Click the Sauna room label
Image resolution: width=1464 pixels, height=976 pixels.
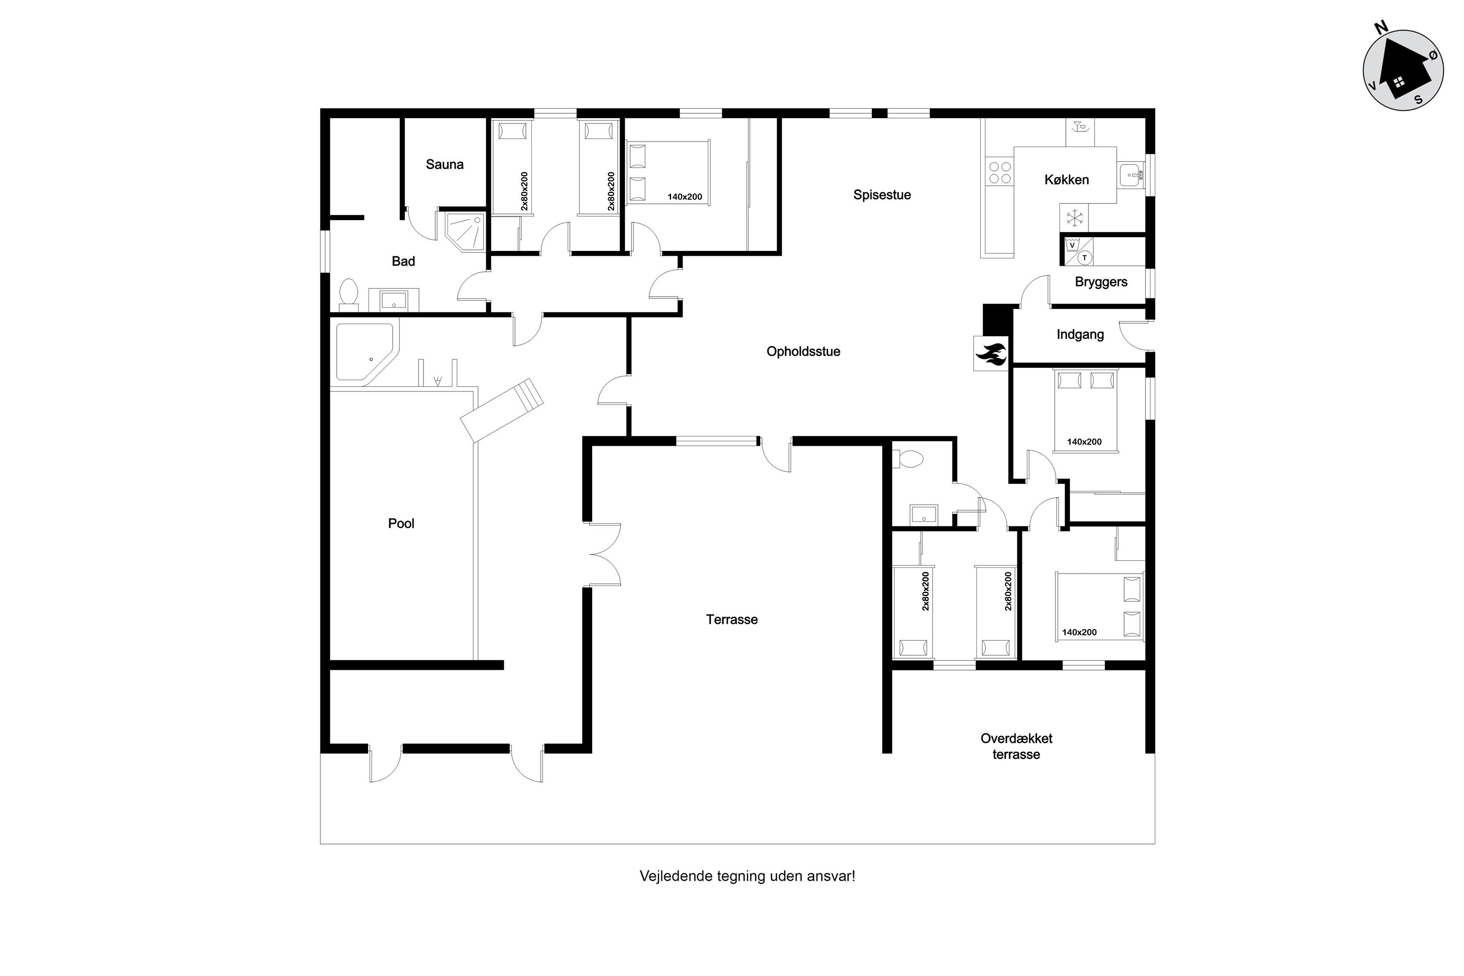click(x=445, y=164)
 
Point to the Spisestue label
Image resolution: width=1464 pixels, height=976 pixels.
click(x=882, y=195)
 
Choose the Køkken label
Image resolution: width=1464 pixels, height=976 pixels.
click(x=1066, y=180)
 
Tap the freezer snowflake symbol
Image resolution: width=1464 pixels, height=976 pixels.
click(x=1074, y=218)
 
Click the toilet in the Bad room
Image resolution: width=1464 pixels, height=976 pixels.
click(x=349, y=295)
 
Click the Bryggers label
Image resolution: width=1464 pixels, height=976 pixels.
click(x=1100, y=282)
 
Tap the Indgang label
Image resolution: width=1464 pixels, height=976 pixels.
click(x=1080, y=335)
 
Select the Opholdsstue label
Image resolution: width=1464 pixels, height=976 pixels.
click(x=803, y=352)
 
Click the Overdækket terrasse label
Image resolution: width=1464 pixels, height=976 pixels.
click(x=1016, y=746)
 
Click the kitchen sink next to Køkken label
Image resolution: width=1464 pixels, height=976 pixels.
click(x=1131, y=176)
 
